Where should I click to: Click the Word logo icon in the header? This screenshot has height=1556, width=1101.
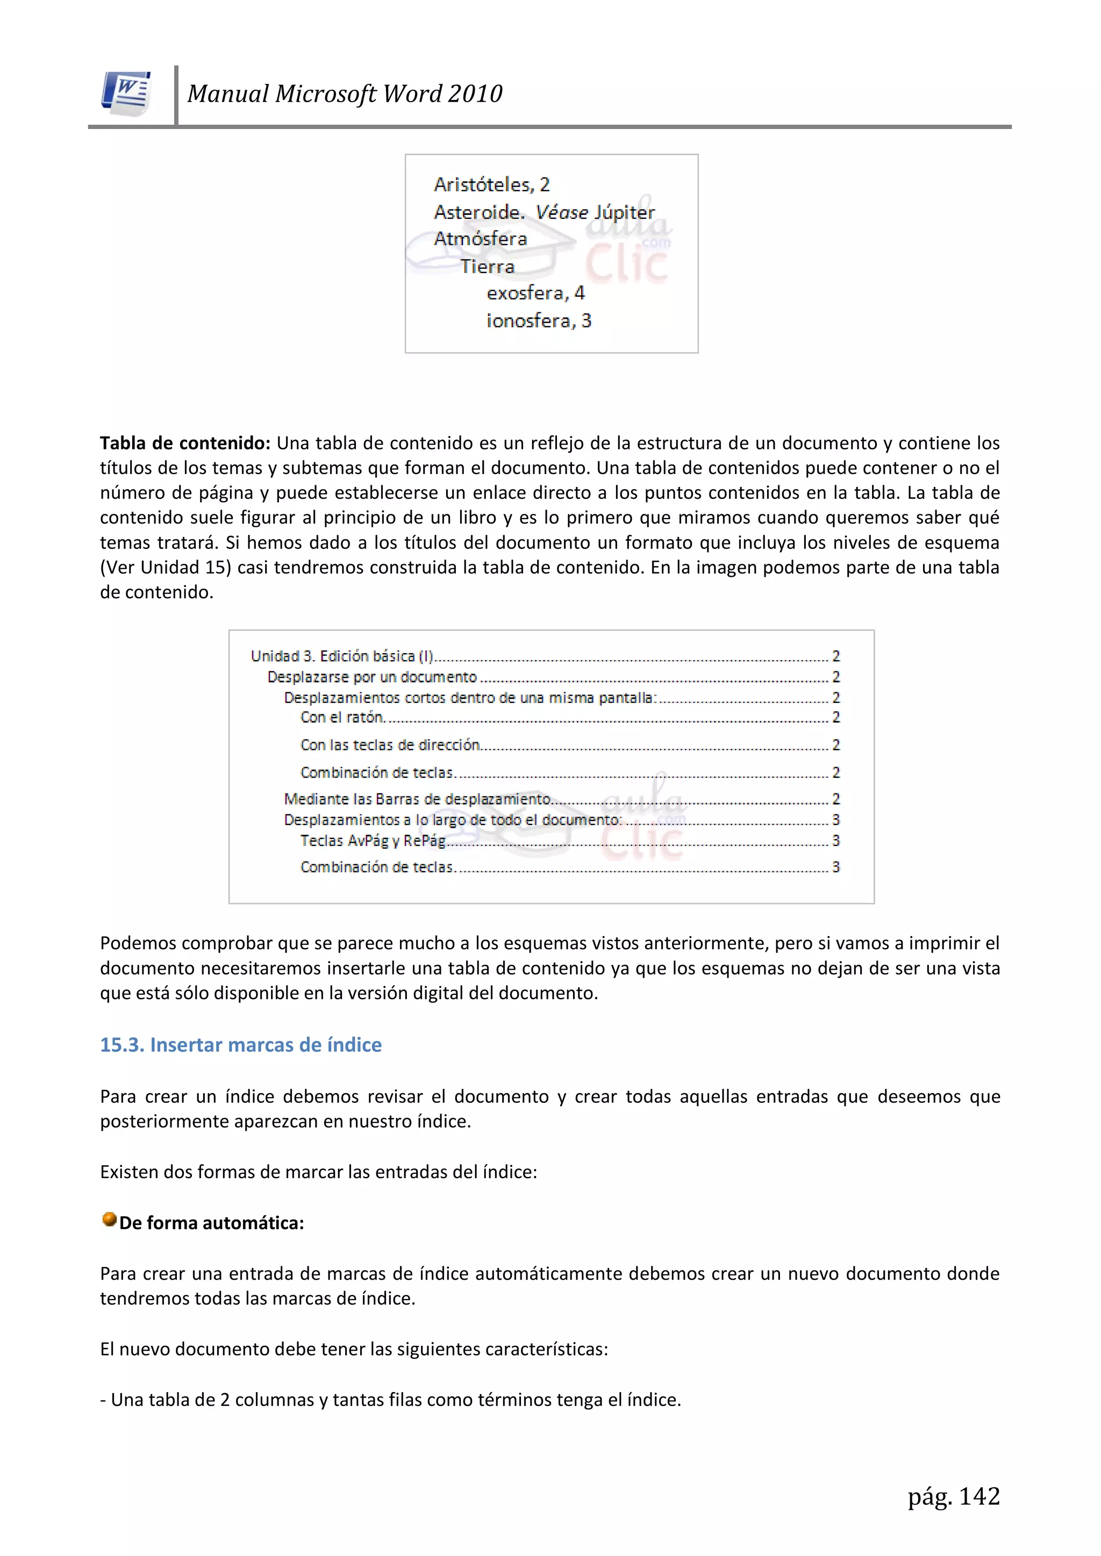click(x=127, y=94)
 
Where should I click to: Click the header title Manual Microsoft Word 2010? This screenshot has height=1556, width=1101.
click(x=345, y=94)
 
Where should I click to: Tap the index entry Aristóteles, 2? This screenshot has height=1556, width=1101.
click(x=491, y=184)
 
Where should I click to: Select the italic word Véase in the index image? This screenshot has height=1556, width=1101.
click(x=561, y=212)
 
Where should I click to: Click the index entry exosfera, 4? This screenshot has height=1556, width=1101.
click(x=535, y=293)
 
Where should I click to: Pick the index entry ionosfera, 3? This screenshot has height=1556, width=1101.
click(x=538, y=320)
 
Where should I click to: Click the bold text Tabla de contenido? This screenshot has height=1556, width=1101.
click(x=185, y=443)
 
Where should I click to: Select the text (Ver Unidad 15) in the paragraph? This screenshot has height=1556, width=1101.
click(x=166, y=567)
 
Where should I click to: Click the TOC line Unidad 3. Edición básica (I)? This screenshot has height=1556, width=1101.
click(x=342, y=656)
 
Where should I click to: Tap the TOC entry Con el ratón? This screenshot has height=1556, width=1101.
click(x=342, y=717)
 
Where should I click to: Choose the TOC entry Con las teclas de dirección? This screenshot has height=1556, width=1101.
click(x=390, y=745)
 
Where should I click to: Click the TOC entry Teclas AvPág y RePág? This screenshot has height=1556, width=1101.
click(x=373, y=841)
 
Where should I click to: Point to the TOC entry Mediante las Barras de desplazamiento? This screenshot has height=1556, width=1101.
click(x=417, y=799)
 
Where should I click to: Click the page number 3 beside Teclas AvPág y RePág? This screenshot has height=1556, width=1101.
click(x=836, y=841)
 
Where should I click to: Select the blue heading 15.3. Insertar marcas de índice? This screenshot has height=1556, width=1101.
click(x=241, y=1045)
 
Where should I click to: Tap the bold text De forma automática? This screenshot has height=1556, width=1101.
click(x=211, y=1223)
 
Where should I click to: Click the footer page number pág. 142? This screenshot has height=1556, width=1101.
click(x=953, y=1496)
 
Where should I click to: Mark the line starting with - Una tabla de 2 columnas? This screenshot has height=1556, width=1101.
click(x=390, y=1400)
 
